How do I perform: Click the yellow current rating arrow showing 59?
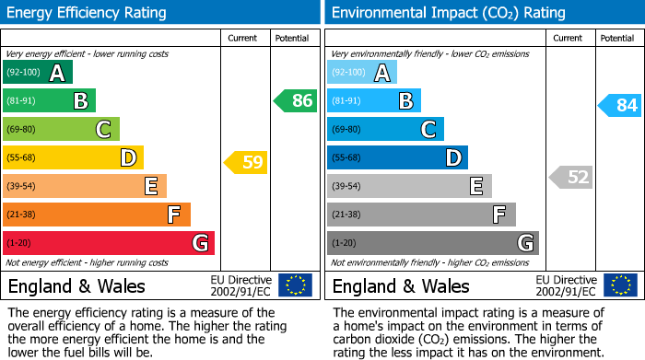coord(246,163)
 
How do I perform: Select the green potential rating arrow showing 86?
coord(296,100)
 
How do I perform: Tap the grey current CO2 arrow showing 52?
coord(571,177)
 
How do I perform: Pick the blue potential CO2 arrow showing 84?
coord(620,105)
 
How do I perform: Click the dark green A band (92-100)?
coord(38,72)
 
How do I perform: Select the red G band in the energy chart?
coord(109,243)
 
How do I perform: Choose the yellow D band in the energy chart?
coord(73,157)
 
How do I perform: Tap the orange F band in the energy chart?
coord(97,215)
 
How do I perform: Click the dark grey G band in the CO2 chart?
coord(432,243)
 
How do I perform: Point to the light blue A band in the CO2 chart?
coord(362,72)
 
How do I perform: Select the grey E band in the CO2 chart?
coord(409,186)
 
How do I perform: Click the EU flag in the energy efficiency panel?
coord(295,285)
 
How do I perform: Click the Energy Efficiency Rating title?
coord(88,13)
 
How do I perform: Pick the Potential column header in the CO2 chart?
coord(617,38)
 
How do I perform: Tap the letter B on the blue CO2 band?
coord(405,101)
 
